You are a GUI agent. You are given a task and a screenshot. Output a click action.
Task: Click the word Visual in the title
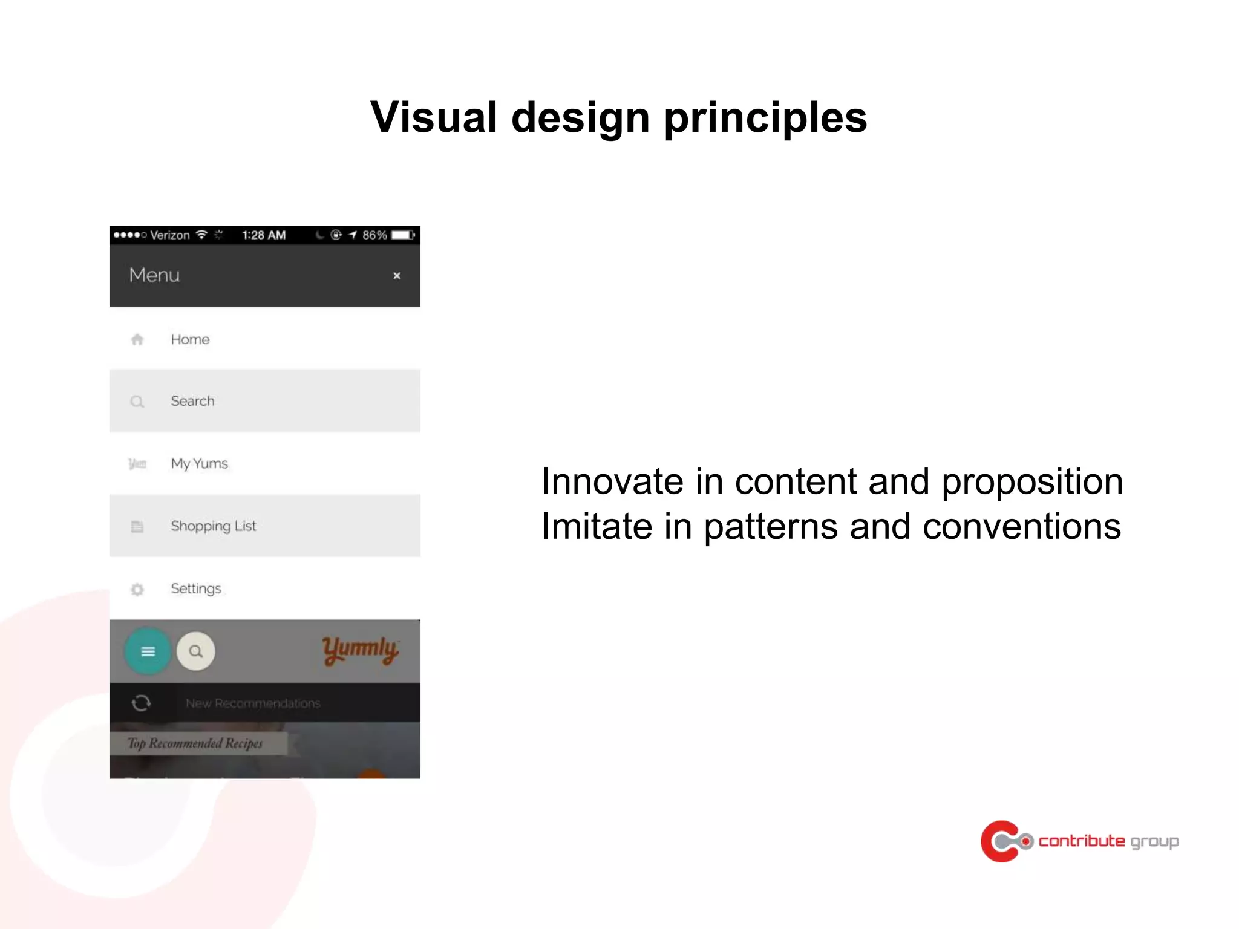(433, 117)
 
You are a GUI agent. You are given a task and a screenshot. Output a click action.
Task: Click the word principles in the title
(765, 117)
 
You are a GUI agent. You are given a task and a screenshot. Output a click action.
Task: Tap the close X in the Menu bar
(397, 276)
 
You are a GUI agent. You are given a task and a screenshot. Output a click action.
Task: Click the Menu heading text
(154, 275)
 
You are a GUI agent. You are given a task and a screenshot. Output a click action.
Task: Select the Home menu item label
(190, 339)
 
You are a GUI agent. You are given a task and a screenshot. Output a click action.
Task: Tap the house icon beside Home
(137, 339)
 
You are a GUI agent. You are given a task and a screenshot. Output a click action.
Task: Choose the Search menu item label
(192, 401)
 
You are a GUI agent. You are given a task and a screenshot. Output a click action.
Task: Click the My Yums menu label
(199, 464)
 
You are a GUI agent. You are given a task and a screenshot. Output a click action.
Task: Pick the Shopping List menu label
(213, 526)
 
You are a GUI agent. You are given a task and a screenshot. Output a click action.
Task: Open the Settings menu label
(196, 588)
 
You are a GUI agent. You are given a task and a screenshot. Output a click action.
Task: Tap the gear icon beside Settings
(137, 589)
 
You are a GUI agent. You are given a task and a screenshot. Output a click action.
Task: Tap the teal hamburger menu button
(148, 651)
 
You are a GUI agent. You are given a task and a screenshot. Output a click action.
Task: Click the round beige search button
(195, 651)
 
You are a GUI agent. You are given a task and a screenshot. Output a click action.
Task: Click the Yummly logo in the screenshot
(360, 650)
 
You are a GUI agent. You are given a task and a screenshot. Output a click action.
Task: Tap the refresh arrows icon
(141, 703)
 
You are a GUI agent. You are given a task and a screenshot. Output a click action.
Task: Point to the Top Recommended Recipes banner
(195, 743)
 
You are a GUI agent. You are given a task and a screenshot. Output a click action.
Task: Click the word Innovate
(612, 482)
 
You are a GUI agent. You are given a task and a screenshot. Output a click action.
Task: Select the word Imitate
(595, 526)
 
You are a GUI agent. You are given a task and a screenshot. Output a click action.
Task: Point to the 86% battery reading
(374, 235)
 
